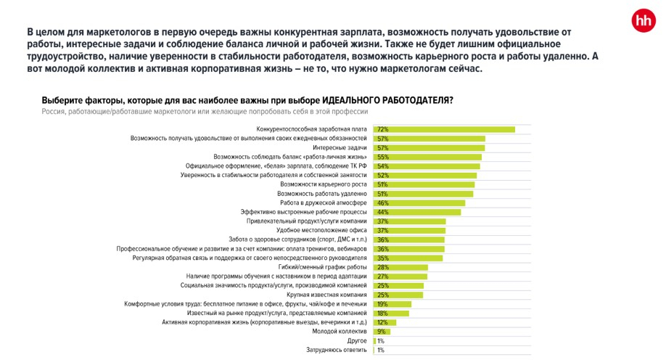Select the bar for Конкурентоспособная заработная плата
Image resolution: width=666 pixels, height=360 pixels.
click(444, 129)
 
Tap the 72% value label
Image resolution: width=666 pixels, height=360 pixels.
click(382, 129)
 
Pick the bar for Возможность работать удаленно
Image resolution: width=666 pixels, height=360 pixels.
click(423, 194)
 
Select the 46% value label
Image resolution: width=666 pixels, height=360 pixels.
click(382, 203)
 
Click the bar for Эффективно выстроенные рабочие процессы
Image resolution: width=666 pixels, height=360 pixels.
click(417, 212)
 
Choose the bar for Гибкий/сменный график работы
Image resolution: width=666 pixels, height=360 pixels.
click(400, 267)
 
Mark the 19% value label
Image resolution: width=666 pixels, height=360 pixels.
click(382, 304)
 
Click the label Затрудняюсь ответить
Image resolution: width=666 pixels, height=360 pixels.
click(337, 350)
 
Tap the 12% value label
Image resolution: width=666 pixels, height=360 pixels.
click(382, 322)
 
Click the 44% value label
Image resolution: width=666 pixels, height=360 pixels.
click(382, 212)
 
